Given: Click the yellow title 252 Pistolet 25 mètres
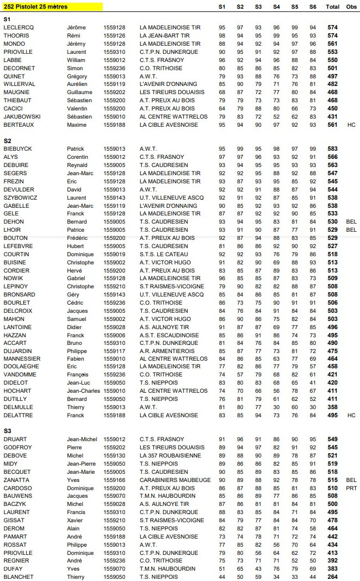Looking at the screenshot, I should tap(33, 7).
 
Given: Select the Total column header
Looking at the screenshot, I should tap(333, 7).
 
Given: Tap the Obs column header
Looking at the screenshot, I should tap(351, 7).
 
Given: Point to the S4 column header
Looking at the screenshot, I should tap(276, 7).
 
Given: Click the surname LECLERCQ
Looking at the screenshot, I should tap(18, 28).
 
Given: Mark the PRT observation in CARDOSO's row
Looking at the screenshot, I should tap(351, 488).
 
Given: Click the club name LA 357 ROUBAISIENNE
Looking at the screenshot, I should tap(169, 455).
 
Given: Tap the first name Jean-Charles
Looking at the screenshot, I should tap(83, 391).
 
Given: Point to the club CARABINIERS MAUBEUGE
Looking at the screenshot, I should tap(175, 480).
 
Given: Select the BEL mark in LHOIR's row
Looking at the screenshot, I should tap(351, 230).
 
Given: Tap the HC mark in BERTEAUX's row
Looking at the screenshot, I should tap(351, 125).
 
